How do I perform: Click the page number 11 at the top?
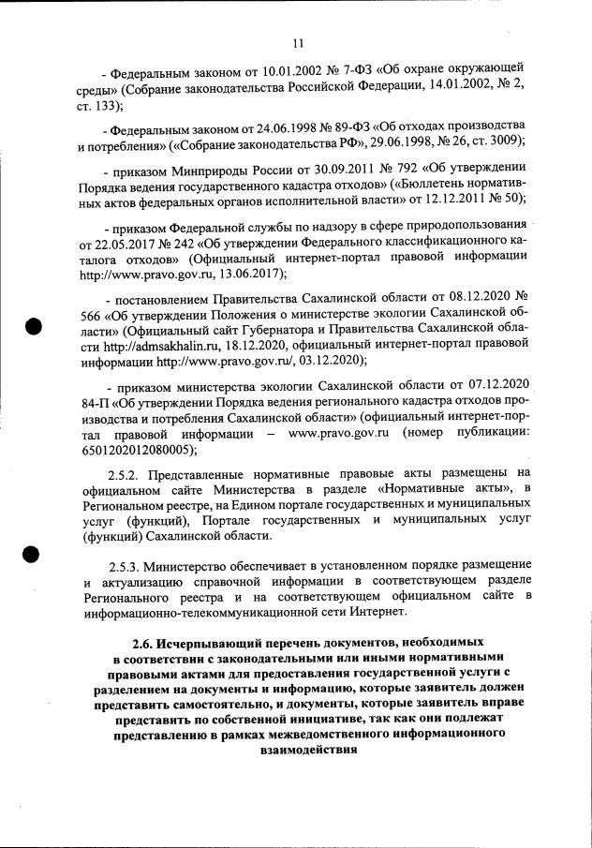click(x=299, y=42)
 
